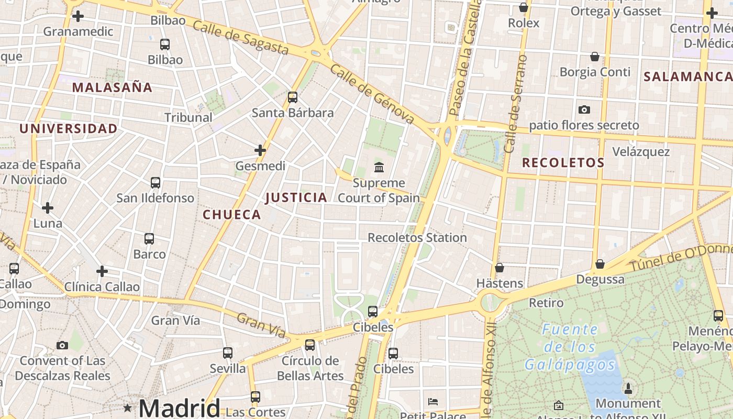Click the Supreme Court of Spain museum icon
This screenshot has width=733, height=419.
click(379, 168)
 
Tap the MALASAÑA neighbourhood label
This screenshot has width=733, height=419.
click(112, 87)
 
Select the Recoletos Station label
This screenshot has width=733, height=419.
click(417, 237)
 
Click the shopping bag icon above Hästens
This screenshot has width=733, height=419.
click(499, 268)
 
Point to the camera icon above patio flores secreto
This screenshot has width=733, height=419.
click(584, 109)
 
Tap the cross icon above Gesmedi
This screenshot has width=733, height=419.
click(260, 150)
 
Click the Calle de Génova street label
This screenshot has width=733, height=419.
click(372, 96)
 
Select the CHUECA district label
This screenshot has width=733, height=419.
click(231, 214)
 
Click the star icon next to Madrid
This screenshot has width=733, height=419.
click(127, 407)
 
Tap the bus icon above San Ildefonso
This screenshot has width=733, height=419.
click(156, 183)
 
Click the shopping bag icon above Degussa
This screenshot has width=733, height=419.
click(600, 264)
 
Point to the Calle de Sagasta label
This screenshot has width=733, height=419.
click(240, 37)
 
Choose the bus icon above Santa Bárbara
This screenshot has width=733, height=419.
click(293, 97)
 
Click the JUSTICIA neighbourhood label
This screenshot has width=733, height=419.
click(296, 197)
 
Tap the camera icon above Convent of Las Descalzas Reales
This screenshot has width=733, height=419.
click(62, 345)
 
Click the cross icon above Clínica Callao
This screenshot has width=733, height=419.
click(102, 271)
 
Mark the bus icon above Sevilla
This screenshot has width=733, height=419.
click(227, 353)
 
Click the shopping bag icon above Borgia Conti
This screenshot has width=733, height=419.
click(595, 57)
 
